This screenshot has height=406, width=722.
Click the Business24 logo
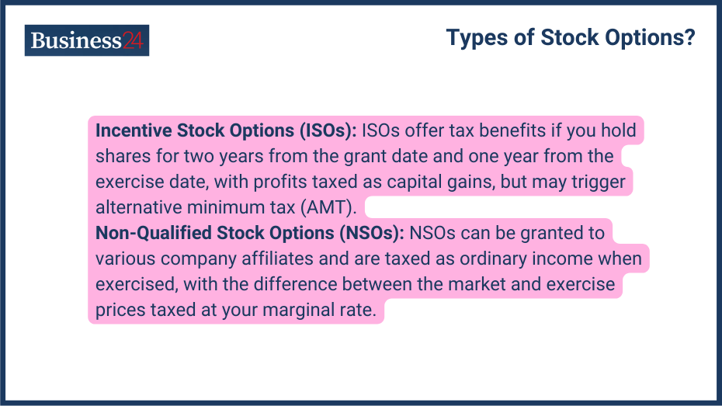tap(87, 40)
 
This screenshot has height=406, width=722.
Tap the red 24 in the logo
tap(133, 40)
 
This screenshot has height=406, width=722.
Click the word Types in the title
tap(474, 37)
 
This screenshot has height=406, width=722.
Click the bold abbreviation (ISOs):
tap(323, 130)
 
